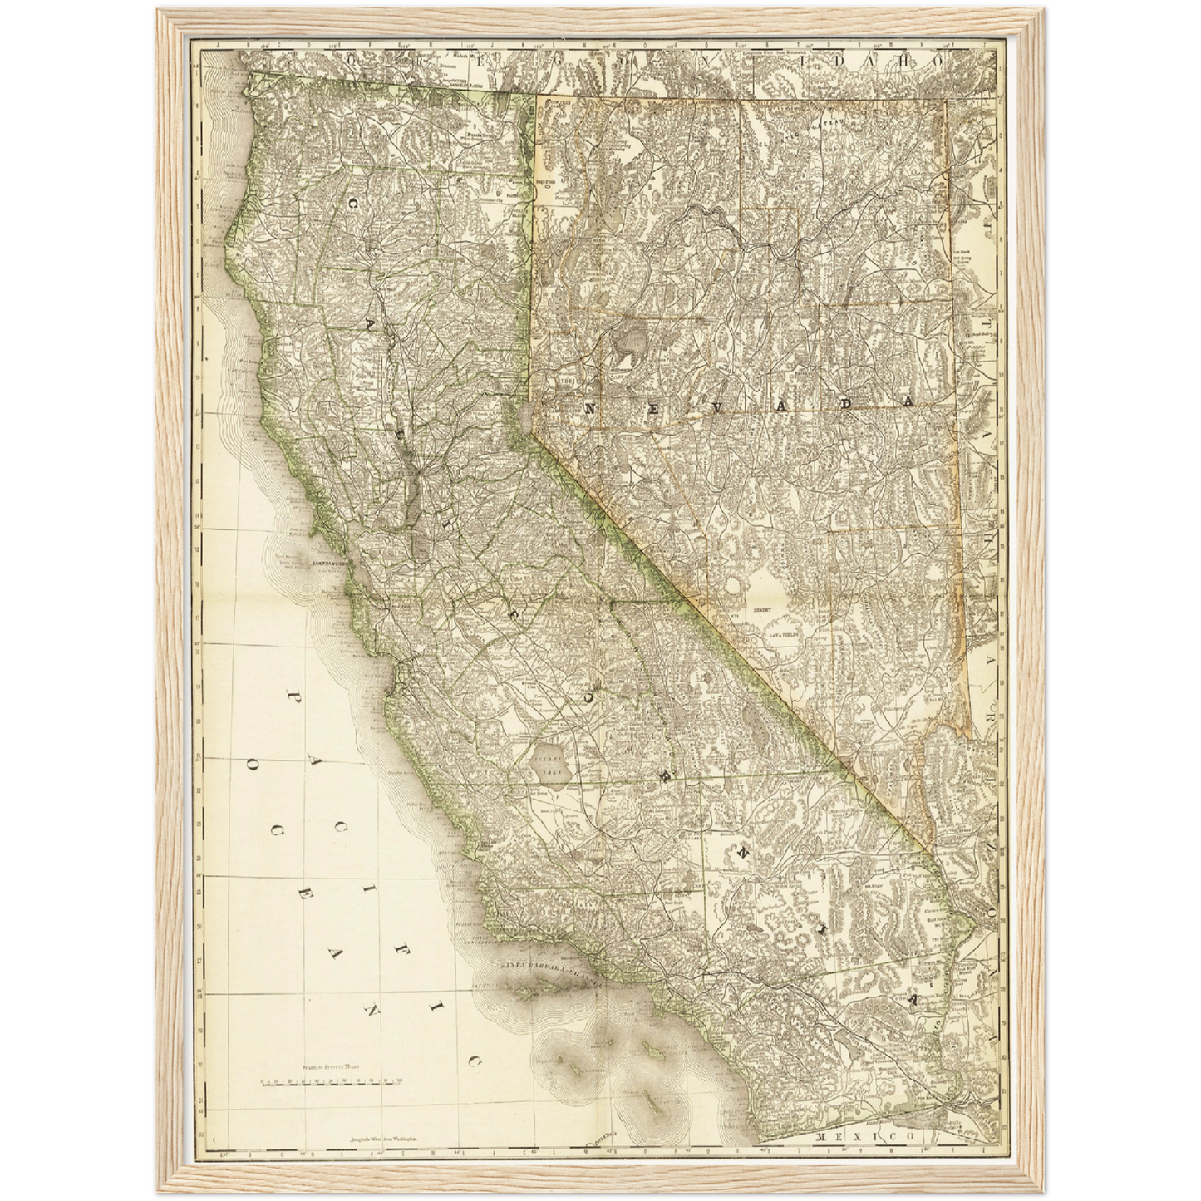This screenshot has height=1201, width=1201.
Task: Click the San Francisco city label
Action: [x=332, y=564]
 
